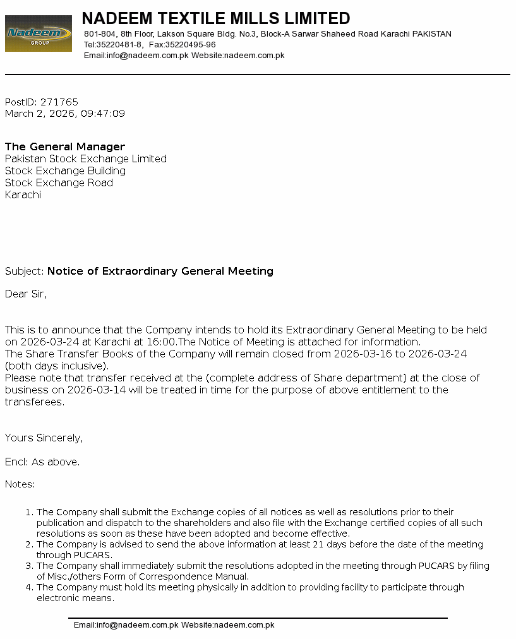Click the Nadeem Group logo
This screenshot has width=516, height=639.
(x=38, y=33)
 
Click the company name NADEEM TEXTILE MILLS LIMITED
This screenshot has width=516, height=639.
(x=216, y=18)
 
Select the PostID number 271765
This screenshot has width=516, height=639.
(x=59, y=102)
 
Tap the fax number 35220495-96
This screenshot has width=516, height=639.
(x=190, y=45)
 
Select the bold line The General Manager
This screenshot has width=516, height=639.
(x=65, y=147)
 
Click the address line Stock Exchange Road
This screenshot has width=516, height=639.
(x=59, y=183)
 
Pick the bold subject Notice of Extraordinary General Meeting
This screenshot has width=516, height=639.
(x=160, y=272)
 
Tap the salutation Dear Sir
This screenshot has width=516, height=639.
(x=26, y=294)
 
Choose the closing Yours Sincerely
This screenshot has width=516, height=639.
(x=44, y=438)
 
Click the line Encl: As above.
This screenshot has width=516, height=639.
(x=42, y=462)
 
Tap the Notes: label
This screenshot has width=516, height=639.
(x=20, y=485)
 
